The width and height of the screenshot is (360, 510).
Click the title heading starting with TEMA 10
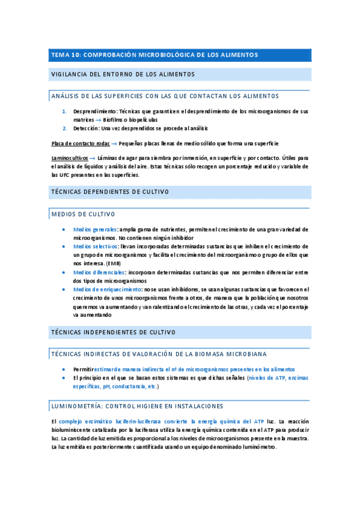pos(154,55)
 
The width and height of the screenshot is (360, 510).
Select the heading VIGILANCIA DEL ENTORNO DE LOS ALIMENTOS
pos(123,74)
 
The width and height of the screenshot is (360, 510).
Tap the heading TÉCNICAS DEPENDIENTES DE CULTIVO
pos(110,192)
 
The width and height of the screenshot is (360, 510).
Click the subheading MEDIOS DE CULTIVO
pos(83,214)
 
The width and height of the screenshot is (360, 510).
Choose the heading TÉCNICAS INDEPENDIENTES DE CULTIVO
pos(113,332)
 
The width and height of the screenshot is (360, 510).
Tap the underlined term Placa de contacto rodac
pos(81,143)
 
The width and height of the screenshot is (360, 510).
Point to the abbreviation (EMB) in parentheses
pos(113,263)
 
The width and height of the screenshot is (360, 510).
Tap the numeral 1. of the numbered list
pos(65,111)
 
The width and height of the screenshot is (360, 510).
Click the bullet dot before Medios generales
pos(64,230)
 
